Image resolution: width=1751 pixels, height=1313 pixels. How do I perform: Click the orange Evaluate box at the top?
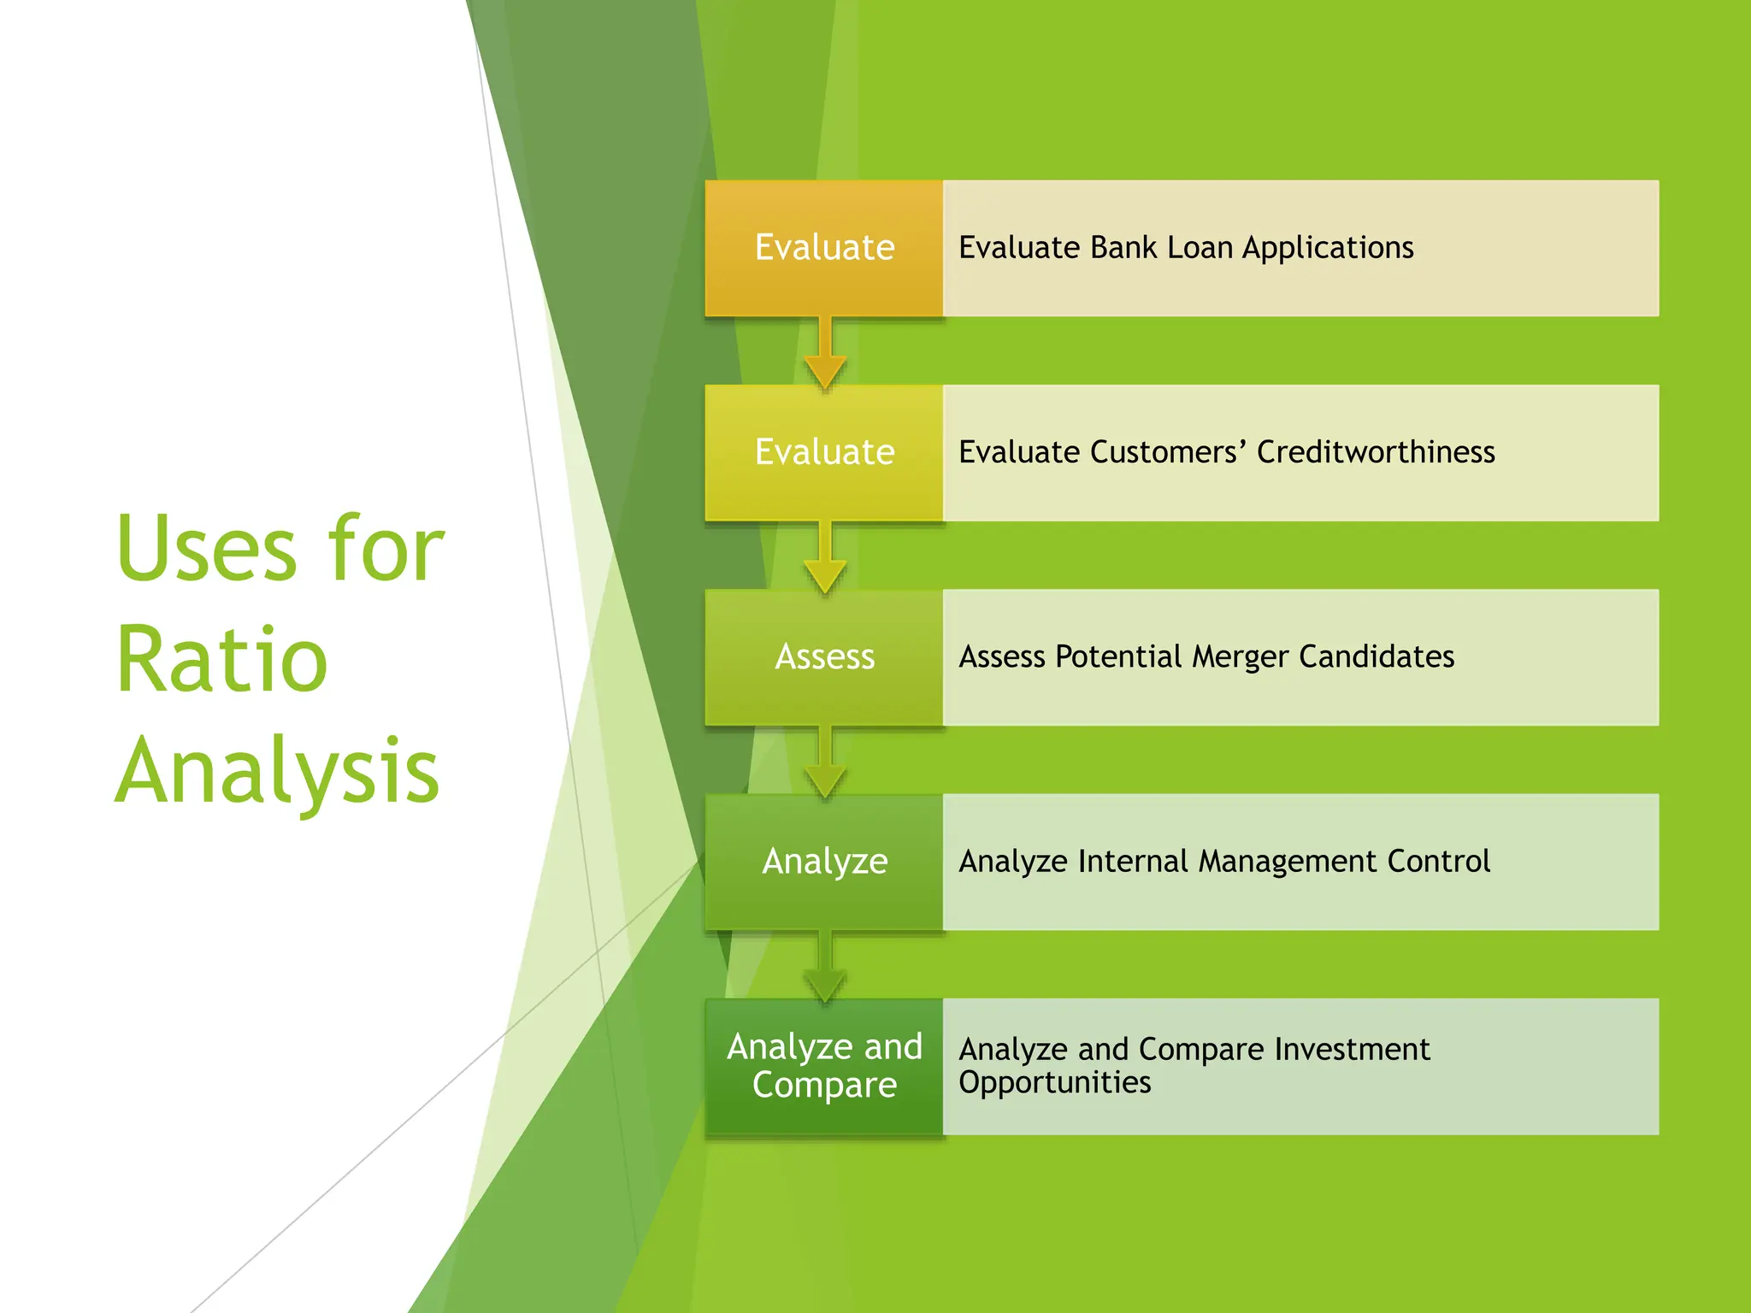pos(824,248)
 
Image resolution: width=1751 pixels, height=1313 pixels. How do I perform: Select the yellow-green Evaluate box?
pos(824,452)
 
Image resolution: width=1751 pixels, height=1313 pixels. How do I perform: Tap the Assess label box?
pos(824,656)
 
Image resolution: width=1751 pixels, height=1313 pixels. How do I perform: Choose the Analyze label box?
pos(824,861)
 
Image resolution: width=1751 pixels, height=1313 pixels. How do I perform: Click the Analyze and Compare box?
pos(824,1065)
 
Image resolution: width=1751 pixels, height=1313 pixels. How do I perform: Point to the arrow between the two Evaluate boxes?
pos(825,353)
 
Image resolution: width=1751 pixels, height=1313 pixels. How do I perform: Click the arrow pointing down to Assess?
pos(825,557)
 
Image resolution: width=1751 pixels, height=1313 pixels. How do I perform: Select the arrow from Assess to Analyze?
pos(825,762)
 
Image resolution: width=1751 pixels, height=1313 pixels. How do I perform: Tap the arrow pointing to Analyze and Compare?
pos(825,966)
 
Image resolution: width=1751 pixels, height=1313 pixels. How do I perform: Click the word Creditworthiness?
pos(1376,452)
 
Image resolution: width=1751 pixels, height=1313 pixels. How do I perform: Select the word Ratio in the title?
pos(222,660)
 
